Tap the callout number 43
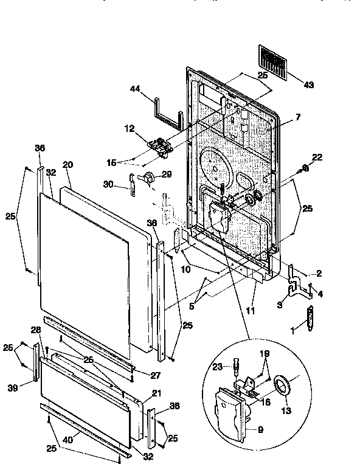click(x=308, y=85)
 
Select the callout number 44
click(x=136, y=89)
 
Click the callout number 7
click(x=297, y=116)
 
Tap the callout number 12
click(x=129, y=128)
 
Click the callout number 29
click(x=167, y=175)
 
